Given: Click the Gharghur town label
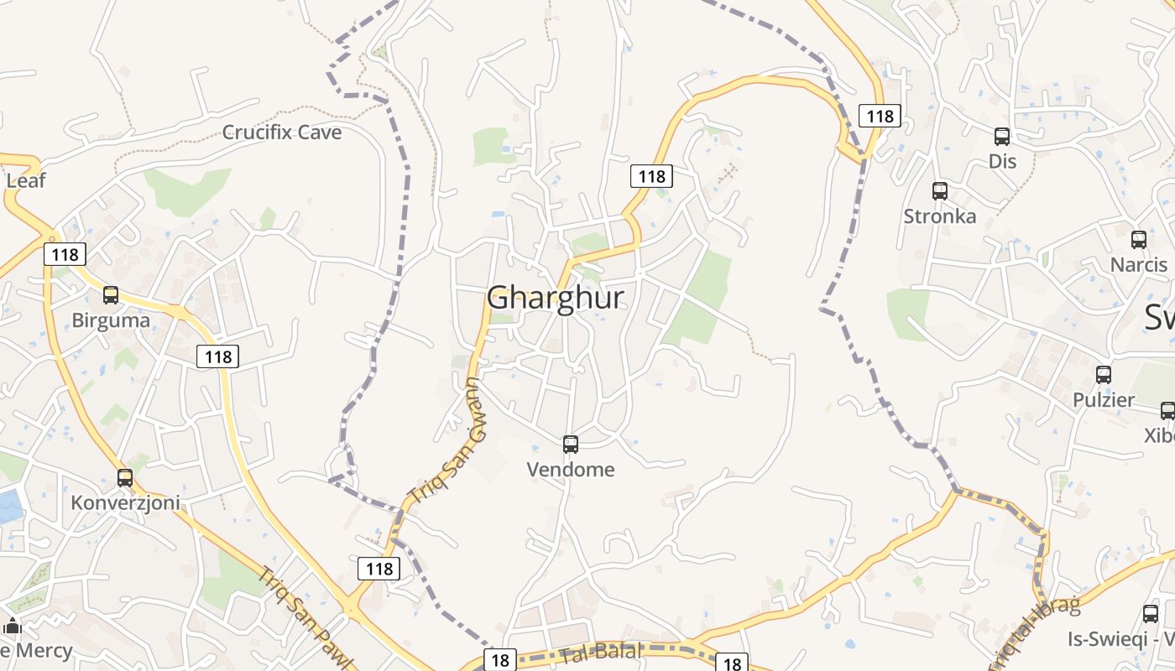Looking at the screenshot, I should coord(556,298).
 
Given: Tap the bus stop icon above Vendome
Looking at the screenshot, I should coord(571,444).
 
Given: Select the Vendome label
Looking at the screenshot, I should coord(571,470).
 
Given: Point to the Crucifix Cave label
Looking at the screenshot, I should coord(282,133).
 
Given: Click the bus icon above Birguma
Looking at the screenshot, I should coord(111,295).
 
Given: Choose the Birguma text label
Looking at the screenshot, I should coord(111,320).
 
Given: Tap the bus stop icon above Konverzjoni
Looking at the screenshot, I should coord(125,478).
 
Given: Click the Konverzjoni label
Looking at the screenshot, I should coord(125,503).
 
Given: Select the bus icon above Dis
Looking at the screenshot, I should coord(1002,136).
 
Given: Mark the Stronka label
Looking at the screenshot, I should coord(940,216).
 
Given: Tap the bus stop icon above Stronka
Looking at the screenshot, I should coord(940,191).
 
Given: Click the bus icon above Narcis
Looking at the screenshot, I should coord(1139,240).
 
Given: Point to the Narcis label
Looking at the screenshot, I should coord(1139,265).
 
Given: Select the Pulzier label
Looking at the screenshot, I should coord(1104,400).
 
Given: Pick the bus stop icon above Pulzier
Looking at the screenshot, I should coord(1104,375).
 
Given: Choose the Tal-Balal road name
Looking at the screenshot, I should coord(602,651).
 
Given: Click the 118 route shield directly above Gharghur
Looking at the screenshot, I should coord(651,176).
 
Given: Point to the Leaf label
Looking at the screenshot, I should coord(25,181).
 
